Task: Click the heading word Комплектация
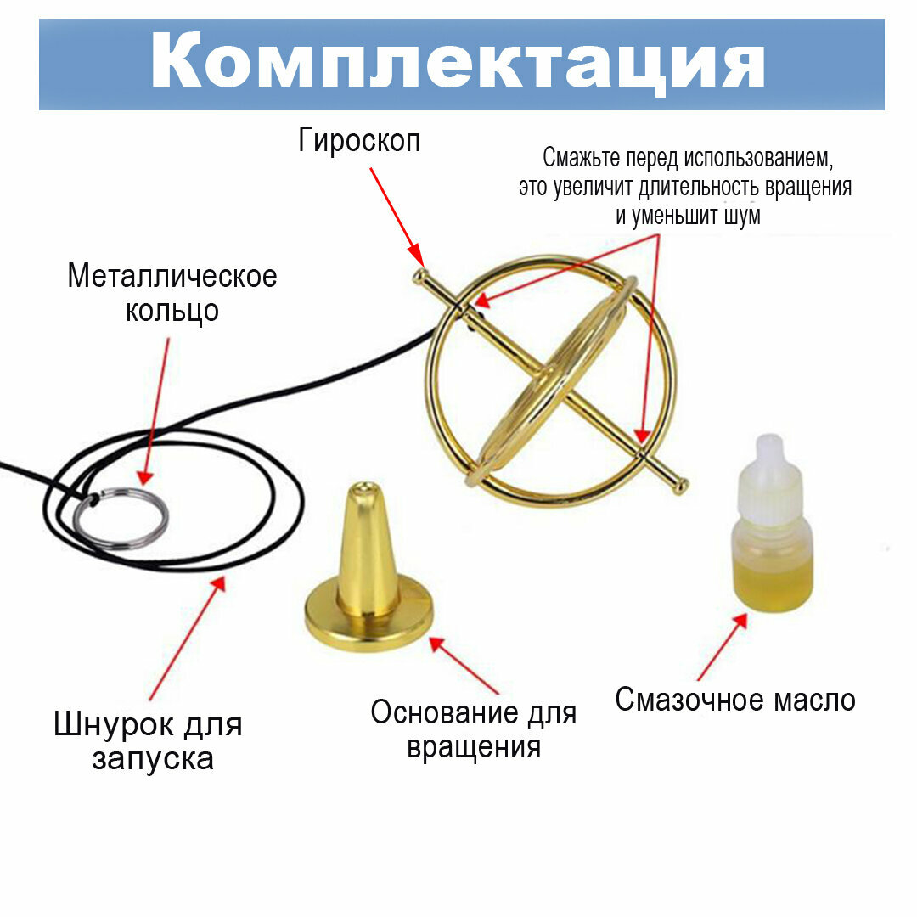click(x=458, y=63)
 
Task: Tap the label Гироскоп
click(x=359, y=140)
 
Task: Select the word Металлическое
click(x=172, y=276)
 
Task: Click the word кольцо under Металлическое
click(x=172, y=310)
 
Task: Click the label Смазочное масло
click(x=735, y=700)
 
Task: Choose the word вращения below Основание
click(x=474, y=747)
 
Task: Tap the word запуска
click(x=153, y=758)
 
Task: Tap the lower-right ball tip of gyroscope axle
click(x=681, y=487)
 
